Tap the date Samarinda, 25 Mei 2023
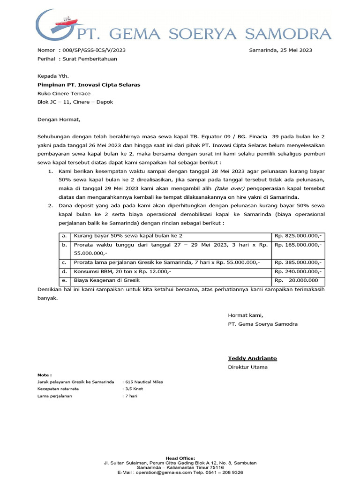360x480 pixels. [280, 50]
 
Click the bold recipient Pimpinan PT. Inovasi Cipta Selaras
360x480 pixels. [89, 85]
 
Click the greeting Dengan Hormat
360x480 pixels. [59, 119]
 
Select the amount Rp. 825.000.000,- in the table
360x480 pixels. [298, 236]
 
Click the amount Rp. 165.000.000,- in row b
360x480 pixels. [298, 245]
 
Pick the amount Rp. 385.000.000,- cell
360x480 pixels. [298, 262]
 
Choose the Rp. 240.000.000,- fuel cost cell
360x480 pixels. [298, 271]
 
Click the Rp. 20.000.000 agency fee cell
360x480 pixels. [298, 280]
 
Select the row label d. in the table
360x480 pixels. [64, 271]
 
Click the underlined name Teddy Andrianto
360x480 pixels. [252, 358]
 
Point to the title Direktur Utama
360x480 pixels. [247, 367]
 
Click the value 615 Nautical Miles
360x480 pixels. [143, 382]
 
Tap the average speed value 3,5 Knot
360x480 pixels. [133, 389]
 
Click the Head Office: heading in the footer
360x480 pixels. [180, 458]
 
